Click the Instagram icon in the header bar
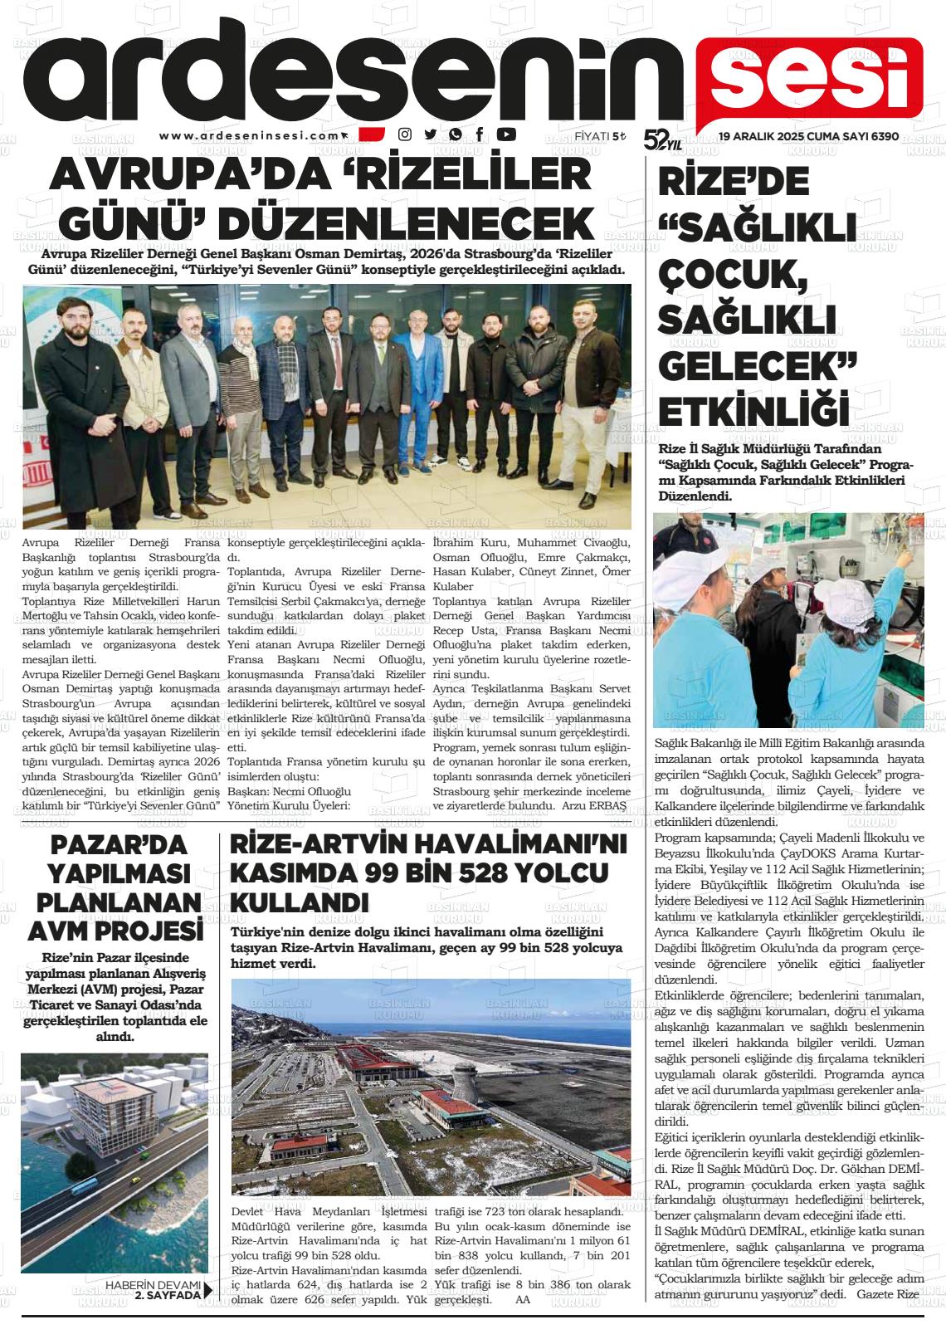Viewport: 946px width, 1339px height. (x=405, y=134)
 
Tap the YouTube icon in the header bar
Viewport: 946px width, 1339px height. (x=505, y=134)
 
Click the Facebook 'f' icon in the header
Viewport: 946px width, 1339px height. (x=480, y=134)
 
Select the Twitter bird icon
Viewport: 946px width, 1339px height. (x=430, y=134)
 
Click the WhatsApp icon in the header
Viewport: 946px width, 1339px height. (x=455, y=134)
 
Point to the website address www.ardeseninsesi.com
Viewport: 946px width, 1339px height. (x=249, y=135)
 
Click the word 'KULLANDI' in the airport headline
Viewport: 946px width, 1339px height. (x=299, y=902)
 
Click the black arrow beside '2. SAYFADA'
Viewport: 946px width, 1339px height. (x=208, y=1289)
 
